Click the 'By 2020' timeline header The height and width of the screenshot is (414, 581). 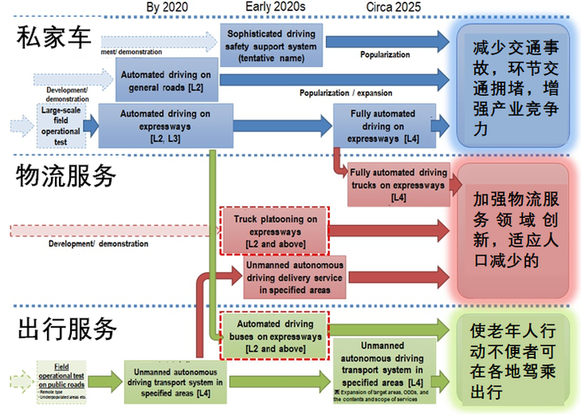coord(167,8)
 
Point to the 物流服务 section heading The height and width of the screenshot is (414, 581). coord(66,175)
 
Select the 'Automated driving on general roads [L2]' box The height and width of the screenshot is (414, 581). coord(167,80)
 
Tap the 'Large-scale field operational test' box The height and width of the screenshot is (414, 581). coord(61,125)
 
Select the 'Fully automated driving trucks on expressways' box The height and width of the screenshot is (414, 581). coord(398,185)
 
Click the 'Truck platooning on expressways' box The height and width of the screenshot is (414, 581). coord(275,230)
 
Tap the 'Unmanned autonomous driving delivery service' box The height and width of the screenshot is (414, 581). coord(294,277)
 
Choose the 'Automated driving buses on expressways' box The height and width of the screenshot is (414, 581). coord(275,336)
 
